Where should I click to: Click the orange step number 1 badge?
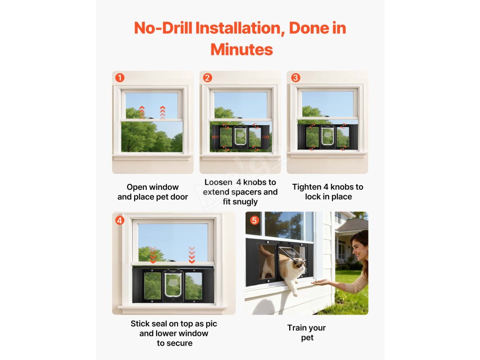pyautogui.click(x=120, y=78)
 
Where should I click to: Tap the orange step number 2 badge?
pyautogui.click(x=207, y=78)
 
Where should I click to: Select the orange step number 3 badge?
pyautogui.click(x=295, y=78)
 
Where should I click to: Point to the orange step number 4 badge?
pyautogui.click(x=120, y=220)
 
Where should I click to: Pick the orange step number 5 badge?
pyautogui.click(x=255, y=220)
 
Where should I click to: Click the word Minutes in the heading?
pyautogui.click(x=241, y=50)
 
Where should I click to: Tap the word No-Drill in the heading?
pyautogui.click(x=163, y=28)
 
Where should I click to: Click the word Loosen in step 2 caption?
pyautogui.click(x=218, y=182)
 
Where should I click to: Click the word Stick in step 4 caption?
pyautogui.click(x=140, y=323)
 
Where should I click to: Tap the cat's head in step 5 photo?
pyautogui.click(x=299, y=267)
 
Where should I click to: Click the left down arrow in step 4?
pyautogui.click(x=153, y=255)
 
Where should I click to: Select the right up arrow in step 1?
pyautogui.click(x=163, y=112)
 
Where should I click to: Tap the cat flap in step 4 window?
pyautogui.click(x=173, y=285)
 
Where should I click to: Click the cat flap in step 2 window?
pyautogui.click(x=240, y=136)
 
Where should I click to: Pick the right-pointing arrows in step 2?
pyautogui.click(x=266, y=137)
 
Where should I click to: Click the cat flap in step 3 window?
pyautogui.click(x=328, y=136)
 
